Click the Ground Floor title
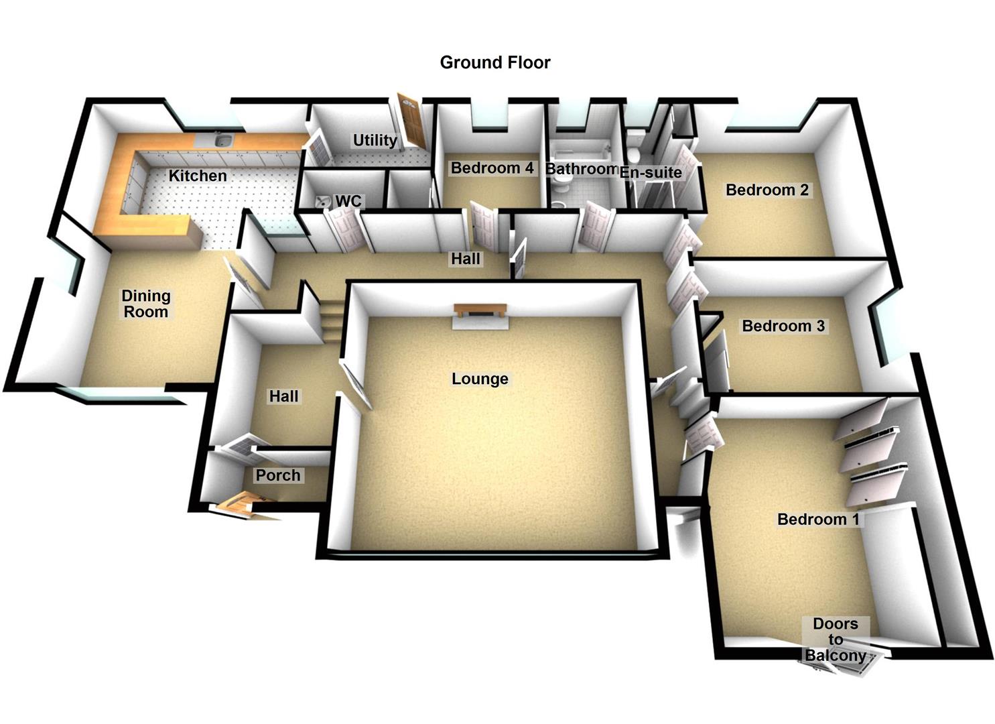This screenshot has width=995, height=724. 494,62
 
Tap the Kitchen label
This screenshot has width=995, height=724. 197,176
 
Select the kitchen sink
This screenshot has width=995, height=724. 224,140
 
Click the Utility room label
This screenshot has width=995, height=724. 375,140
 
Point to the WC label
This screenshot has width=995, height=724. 348,201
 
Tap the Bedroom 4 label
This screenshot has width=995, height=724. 492,168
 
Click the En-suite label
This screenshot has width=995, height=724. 651,172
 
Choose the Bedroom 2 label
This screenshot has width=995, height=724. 767,190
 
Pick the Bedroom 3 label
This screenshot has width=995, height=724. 783,326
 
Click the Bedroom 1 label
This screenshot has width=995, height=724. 817,519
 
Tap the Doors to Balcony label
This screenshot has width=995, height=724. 835,640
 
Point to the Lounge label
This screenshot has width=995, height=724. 480,379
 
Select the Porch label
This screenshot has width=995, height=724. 278,475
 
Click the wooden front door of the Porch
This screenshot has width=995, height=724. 241,503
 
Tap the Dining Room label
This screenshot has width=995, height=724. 145,304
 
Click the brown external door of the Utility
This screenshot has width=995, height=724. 409,121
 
